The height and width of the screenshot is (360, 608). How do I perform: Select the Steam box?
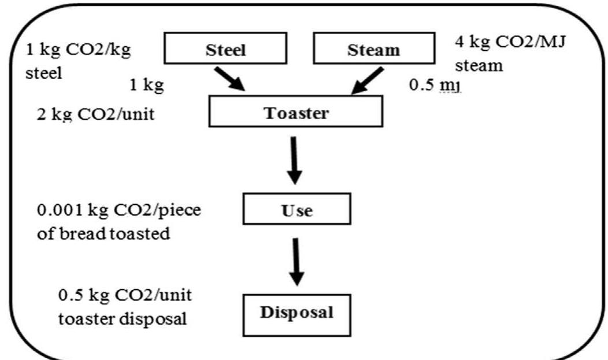373,49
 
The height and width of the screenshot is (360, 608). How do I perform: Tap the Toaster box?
295,112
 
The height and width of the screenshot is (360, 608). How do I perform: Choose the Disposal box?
296,313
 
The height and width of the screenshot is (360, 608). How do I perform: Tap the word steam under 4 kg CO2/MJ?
479,65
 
